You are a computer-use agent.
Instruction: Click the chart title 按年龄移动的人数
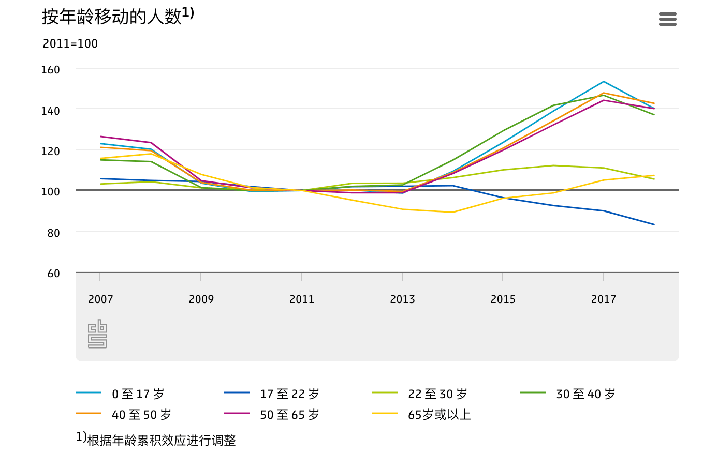112,17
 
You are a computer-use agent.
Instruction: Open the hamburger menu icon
667,19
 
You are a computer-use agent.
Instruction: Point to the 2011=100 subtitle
70,43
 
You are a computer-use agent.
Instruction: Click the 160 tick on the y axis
50,70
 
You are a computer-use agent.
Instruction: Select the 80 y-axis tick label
53,233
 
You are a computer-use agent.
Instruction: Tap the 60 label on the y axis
53,274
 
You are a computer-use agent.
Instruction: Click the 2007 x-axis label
100,299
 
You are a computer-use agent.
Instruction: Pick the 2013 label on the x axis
402,299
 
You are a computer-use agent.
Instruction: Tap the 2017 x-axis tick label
603,299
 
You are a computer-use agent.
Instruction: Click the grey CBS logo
97,334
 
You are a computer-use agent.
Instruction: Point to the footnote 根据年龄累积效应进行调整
162,440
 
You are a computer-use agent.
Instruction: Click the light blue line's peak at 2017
603,82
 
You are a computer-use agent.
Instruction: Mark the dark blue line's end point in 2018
654,224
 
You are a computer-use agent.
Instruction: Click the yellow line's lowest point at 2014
452,213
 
